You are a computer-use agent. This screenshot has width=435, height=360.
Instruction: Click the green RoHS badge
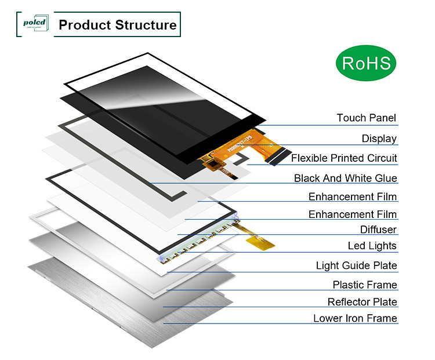click(367, 63)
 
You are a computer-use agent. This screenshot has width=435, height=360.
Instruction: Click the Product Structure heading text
click(118, 25)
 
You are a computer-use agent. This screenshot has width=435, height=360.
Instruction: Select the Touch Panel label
click(367, 118)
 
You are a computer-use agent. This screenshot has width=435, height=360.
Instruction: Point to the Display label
click(379, 139)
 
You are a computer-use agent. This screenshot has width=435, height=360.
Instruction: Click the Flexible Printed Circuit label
click(344, 158)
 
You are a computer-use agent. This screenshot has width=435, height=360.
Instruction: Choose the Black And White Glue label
click(345, 179)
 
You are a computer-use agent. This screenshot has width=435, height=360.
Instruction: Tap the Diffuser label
click(378, 230)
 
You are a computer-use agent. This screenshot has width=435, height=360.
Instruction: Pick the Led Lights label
click(372, 246)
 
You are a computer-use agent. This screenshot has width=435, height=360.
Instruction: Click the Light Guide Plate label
click(356, 266)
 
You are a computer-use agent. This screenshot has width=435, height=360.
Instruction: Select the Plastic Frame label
click(364, 285)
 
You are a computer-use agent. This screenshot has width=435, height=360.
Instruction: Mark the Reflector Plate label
click(362, 302)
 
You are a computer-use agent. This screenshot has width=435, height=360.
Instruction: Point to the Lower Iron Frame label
click(355, 318)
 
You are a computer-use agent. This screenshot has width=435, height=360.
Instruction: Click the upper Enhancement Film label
click(353, 197)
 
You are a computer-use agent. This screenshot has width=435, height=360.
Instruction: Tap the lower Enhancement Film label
click(353, 214)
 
